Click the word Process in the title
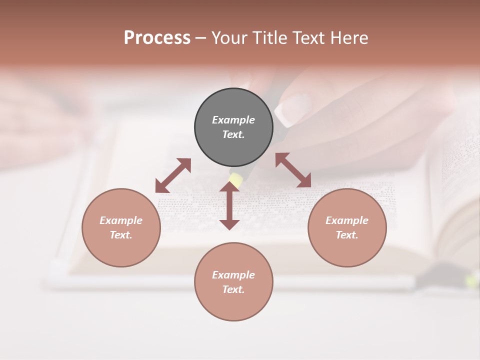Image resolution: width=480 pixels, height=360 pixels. pos(157,38)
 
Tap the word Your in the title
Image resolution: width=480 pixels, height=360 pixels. pos(229,38)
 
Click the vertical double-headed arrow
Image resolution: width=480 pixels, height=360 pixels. pos(229,205)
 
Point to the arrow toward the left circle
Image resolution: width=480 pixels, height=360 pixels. pos(173,175)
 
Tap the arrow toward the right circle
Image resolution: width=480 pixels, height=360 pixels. pos(293,170)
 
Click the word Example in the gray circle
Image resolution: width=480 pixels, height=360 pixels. pos(233,120)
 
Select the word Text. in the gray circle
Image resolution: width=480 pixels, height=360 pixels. pos(233,134)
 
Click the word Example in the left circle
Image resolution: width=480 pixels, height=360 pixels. pos(121,220)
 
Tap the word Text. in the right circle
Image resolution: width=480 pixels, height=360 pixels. pos(347,235)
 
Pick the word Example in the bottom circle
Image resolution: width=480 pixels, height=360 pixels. pos(233,275)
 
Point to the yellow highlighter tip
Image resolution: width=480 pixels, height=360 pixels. pos(235,178)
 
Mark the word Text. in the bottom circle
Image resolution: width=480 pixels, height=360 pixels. pos(233,289)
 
